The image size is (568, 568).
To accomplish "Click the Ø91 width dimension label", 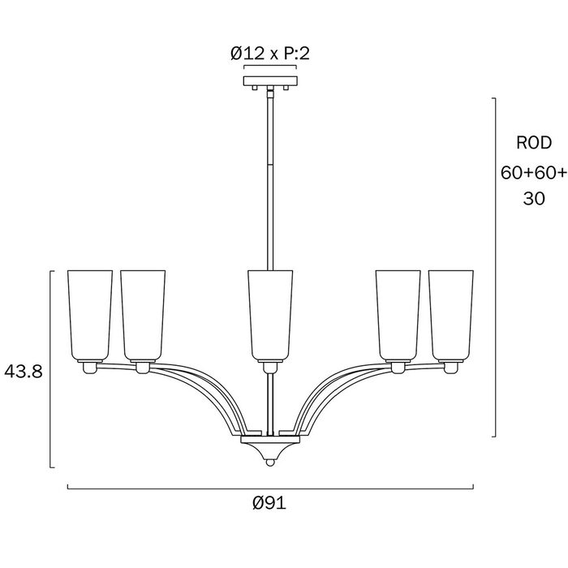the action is click(269, 503).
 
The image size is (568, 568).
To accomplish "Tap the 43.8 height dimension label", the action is click(24, 372).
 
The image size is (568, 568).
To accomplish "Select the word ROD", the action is click(534, 143).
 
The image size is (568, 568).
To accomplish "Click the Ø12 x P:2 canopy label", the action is click(270, 54).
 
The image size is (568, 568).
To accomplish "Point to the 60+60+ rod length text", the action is click(534, 172).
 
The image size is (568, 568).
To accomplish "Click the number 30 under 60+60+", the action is click(534, 199).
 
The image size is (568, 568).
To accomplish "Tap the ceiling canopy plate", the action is click(270, 81).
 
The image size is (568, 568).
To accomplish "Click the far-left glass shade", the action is click(90, 316).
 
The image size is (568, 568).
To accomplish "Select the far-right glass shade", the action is click(451, 316).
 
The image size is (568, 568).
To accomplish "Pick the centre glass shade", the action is click(270, 316).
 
